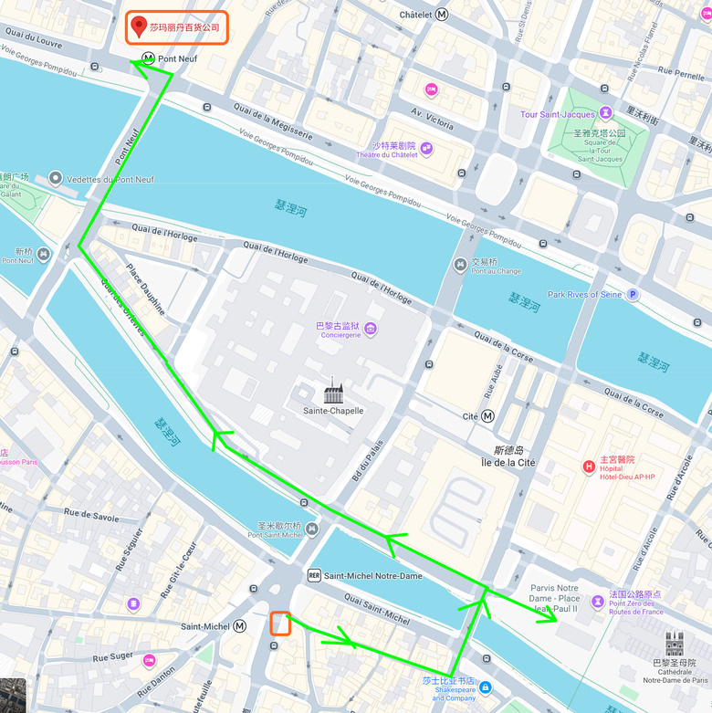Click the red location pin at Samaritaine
coord(139,26)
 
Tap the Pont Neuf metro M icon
coord(148,58)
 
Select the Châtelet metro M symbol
coord(443,15)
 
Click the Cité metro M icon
coord(489,416)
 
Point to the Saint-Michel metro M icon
coord(240,626)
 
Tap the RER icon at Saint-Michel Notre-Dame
coord(314,576)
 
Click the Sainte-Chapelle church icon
coord(333,393)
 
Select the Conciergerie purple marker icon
coord(371,329)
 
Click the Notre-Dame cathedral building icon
coord(675,645)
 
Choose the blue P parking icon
coord(633,295)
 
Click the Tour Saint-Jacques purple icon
coord(604,114)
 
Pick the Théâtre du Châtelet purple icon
coord(426,149)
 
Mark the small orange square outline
coord(280,624)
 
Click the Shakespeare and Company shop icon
coord(486,687)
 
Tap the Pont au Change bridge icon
coord(460,265)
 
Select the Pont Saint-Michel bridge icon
coord(313,530)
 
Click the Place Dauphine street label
coord(146,289)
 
